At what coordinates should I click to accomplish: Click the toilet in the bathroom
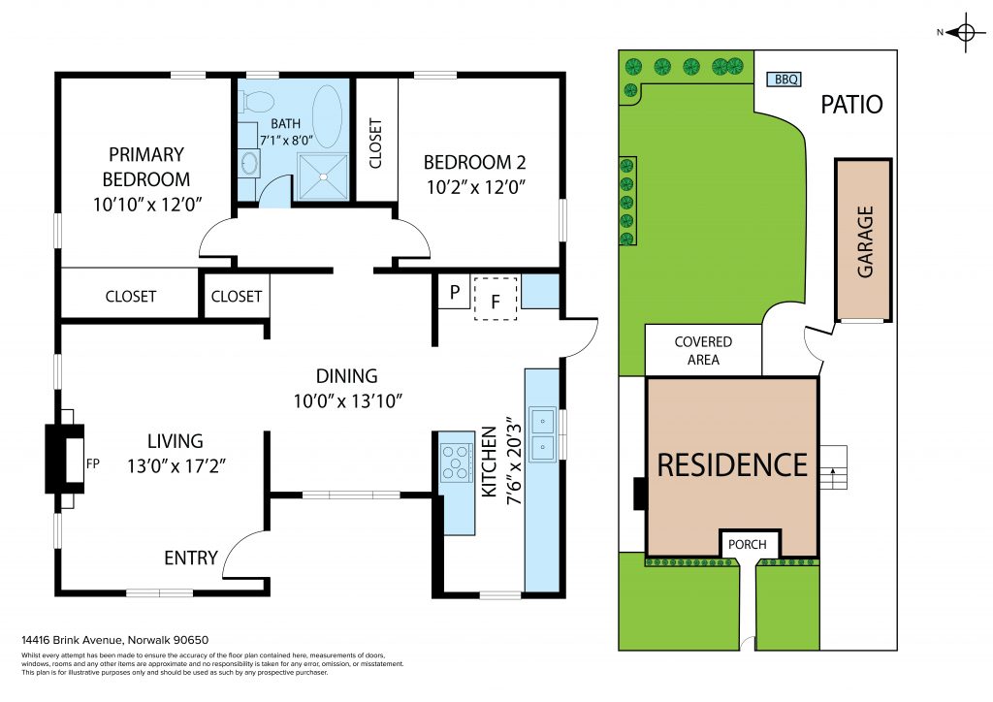pyautogui.click(x=257, y=100)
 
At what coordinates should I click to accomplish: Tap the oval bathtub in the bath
pyautogui.click(x=328, y=116)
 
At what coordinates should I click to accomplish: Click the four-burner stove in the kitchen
pyautogui.click(x=457, y=462)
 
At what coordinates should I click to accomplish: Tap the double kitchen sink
pyautogui.click(x=543, y=434)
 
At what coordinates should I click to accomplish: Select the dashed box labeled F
pyautogui.click(x=496, y=299)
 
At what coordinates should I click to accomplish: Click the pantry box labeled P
pyautogui.click(x=454, y=292)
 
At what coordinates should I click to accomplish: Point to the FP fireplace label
pyautogui.click(x=92, y=463)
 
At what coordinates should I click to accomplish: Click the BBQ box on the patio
pyautogui.click(x=785, y=80)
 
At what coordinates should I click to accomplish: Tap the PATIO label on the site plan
pyautogui.click(x=851, y=105)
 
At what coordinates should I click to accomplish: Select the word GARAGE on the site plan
pyautogui.click(x=865, y=241)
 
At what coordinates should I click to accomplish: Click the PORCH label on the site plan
pyautogui.click(x=748, y=544)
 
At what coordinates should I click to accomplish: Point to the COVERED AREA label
pyautogui.click(x=703, y=351)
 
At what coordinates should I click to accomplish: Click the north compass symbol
pyautogui.click(x=965, y=32)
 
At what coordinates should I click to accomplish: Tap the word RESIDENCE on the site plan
pyautogui.click(x=732, y=465)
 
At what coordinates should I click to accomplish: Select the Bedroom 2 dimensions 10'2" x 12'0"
pyautogui.click(x=476, y=187)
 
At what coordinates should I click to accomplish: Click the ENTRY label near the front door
pyautogui.click(x=191, y=558)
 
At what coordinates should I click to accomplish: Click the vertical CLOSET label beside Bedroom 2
pyautogui.click(x=375, y=144)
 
